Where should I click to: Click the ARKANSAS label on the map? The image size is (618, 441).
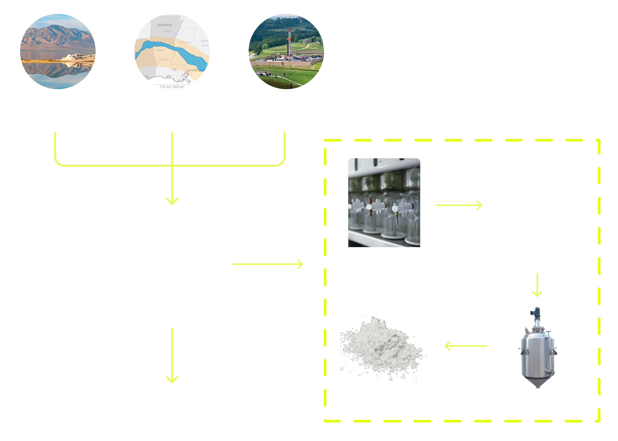[164, 25]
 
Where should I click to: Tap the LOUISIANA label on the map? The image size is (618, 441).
[163, 60]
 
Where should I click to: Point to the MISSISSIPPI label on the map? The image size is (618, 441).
[185, 42]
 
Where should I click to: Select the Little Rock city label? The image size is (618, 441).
[167, 31]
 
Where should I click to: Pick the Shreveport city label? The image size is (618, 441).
[160, 50]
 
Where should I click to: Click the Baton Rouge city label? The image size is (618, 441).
[174, 69]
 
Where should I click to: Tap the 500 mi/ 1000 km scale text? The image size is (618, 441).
[172, 87]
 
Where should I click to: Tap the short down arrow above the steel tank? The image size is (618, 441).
[537, 285]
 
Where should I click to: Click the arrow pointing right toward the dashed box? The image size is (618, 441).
[268, 264]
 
